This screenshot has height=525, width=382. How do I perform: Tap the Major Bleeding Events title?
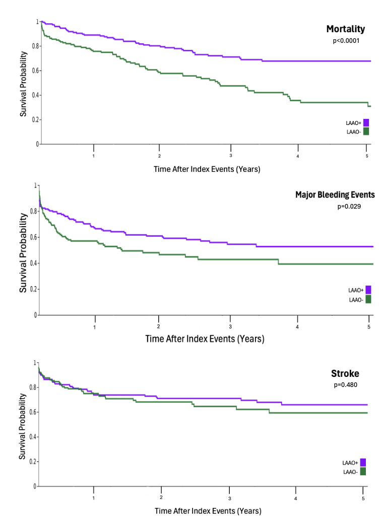[x=335, y=194]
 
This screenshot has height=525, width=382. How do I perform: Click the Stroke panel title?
[x=345, y=373]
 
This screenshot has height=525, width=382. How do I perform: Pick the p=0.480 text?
[x=345, y=385]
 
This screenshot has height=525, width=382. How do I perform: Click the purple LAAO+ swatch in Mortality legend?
[x=366, y=122]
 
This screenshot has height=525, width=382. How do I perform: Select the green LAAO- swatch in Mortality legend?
[x=366, y=131]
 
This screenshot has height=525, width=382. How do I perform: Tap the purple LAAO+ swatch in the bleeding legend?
[x=368, y=290]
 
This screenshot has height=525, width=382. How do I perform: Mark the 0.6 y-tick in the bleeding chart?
[x=33, y=237]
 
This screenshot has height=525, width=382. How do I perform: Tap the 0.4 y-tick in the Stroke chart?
[x=33, y=437]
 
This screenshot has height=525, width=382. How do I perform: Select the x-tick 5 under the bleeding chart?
[x=369, y=327]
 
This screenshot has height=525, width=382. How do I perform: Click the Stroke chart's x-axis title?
[x=208, y=511]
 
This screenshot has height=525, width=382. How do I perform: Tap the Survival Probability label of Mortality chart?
[x=23, y=83]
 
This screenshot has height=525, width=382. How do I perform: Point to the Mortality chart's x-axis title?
[x=207, y=169]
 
